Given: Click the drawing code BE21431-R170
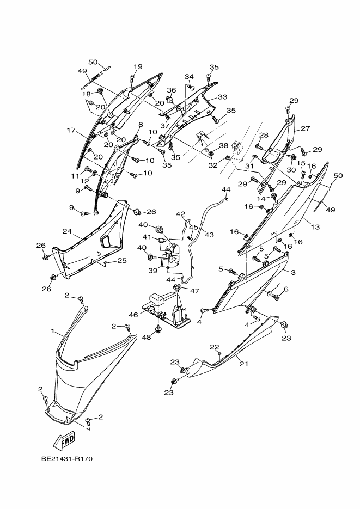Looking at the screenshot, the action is [67, 459].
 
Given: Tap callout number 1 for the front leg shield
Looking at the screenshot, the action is [53, 331].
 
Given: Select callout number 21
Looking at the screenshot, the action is [244, 364].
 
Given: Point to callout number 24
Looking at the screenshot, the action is [67, 231].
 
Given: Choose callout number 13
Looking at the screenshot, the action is [315, 226].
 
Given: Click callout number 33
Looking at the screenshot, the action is [223, 97].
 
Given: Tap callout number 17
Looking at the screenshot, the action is [71, 130].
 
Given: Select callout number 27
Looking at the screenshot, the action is [306, 128].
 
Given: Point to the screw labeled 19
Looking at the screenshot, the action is [132, 78].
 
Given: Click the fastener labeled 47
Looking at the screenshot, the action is [177, 287].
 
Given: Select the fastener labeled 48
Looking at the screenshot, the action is [158, 330].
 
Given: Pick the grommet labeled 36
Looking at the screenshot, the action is [169, 99].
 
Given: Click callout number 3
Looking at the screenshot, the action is [293, 272].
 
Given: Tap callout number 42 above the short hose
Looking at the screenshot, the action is [180, 214].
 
